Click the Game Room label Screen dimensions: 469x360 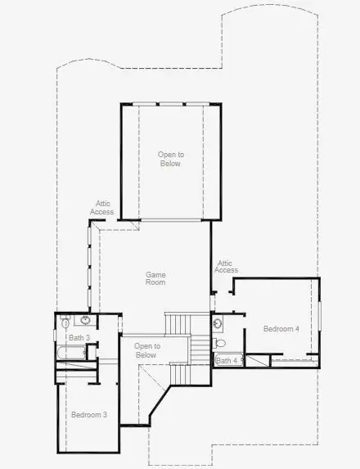coord(155,278)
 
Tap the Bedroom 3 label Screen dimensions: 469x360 coord(88,414)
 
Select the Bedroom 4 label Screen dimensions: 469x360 coord(281,328)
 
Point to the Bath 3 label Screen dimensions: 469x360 coord(79,338)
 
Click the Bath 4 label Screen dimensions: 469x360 coord(227,360)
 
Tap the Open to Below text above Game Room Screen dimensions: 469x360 coord(170,159)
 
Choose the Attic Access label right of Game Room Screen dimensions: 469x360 coord(226,266)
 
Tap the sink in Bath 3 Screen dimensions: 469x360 coord(87,321)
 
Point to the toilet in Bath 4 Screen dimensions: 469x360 coord(218,343)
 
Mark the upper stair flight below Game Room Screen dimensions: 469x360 coord(178,322)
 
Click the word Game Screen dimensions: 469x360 coord(155,274)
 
